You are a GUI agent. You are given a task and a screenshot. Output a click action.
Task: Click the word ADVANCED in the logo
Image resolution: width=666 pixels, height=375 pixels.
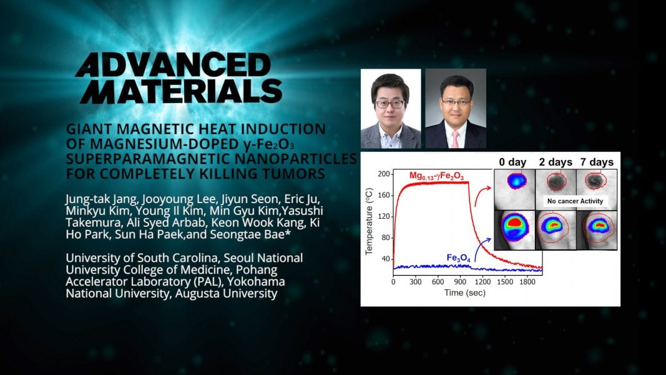point(174,65)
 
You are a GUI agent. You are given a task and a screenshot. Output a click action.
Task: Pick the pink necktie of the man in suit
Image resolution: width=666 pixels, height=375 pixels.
point(455,139)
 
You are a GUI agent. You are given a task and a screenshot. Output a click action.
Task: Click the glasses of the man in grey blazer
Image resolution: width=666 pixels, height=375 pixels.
point(390,104)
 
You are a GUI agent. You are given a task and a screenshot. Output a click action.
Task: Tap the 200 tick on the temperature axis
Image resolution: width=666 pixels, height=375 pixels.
point(383,174)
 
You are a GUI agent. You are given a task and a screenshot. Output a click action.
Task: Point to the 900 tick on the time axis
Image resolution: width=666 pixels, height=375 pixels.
point(460,281)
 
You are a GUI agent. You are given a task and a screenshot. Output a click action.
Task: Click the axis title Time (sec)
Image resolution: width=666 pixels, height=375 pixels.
point(464,292)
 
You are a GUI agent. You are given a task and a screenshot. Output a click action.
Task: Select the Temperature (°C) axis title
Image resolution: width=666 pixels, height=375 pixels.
point(369,221)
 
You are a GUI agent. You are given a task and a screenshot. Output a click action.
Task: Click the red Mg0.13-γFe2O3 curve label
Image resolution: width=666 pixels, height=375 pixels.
point(437,176)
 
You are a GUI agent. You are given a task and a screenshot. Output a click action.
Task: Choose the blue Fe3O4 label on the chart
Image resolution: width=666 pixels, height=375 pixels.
point(458,258)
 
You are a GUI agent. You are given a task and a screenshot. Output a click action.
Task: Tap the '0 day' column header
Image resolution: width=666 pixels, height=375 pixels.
point(512,162)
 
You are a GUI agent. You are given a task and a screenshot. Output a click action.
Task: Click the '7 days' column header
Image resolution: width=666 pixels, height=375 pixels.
point(597,162)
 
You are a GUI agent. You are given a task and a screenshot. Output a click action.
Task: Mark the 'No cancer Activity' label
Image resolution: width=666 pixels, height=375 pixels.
point(575,201)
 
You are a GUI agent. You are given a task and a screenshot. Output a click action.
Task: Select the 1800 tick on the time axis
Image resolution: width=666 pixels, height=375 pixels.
point(527,281)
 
